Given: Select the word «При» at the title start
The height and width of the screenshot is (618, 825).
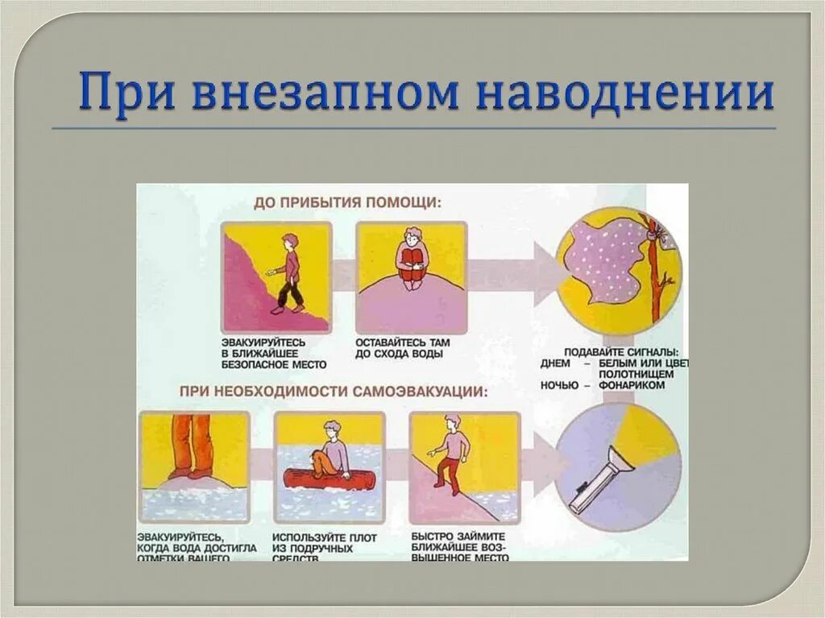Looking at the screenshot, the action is point(124,93).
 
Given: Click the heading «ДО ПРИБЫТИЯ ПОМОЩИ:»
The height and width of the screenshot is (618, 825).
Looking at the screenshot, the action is point(347,203).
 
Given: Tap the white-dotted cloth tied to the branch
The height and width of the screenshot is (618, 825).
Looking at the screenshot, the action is point(608,258).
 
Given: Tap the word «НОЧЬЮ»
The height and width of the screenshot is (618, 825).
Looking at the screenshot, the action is point(558,386).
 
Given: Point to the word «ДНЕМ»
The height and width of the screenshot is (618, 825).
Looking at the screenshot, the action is point(555,364).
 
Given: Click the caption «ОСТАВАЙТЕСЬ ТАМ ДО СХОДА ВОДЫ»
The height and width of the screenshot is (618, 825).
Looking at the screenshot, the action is point(403,348).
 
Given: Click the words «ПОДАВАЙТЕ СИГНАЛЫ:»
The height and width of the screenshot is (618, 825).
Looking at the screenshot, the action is point(620,353).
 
